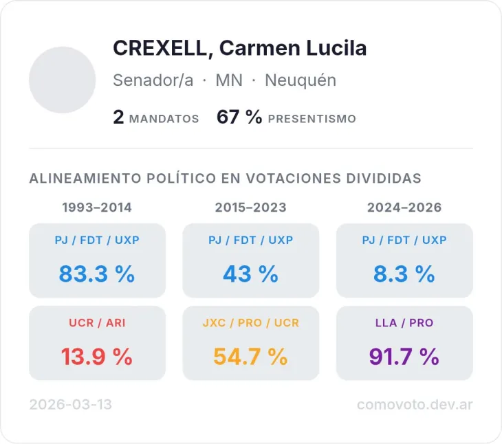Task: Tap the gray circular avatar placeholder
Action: [x=62, y=80]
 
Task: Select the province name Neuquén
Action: [x=301, y=80]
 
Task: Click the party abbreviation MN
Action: [x=229, y=80]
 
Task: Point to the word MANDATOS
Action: [x=164, y=119]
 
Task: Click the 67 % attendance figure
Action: [x=239, y=118]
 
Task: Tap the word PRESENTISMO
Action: [x=312, y=119]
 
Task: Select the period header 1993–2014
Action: [x=97, y=208]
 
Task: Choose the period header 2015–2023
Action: [x=250, y=208]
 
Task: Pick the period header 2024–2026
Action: [x=404, y=208]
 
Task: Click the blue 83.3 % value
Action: [x=97, y=274]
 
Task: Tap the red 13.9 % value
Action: [x=97, y=357]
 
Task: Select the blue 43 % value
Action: [x=250, y=274]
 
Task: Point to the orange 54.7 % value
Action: [x=250, y=357]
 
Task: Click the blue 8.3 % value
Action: [x=404, y=274]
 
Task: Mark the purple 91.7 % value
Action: [x=404, y=357]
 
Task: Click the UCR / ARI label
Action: [x=97, y=322]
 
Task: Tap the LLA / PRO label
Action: [x=404, y=322]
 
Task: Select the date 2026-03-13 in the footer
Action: [x=70, y=405]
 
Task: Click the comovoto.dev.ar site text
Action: [x=415, y=405]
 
